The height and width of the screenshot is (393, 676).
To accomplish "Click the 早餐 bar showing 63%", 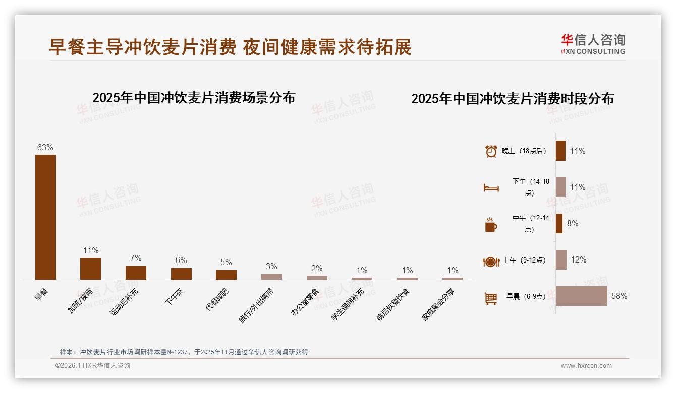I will [45, 217].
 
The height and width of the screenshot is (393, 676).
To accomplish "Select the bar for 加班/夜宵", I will [90, 269].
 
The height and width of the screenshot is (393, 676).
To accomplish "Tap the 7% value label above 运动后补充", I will [136, 258].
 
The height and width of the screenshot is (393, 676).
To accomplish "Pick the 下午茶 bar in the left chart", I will [181, 274].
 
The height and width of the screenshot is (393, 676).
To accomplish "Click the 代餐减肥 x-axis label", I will [217, 299].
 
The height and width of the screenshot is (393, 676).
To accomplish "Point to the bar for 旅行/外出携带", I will [271, 277].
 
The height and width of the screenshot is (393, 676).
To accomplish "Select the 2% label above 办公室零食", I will [317, 268].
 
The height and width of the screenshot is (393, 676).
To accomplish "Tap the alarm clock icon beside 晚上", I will [491, 151].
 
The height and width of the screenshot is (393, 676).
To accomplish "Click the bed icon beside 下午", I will [491, 188].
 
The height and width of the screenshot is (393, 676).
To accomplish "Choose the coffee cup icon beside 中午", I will [491, 225].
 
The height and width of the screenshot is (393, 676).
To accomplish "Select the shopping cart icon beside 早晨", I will [491, 298].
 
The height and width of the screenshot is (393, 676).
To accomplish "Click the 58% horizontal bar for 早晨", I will [582, 296].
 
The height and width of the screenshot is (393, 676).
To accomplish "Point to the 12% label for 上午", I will [579, 260].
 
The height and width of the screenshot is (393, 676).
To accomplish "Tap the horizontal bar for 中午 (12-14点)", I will [559, 223].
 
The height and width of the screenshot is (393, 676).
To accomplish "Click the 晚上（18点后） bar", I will [560, 151].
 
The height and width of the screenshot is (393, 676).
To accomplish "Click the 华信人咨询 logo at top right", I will [593, 44].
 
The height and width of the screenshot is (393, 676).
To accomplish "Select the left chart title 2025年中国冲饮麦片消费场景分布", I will [194, 98].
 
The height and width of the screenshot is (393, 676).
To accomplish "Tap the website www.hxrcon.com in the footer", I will [586, 366].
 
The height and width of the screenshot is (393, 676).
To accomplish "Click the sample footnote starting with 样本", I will [184, 352].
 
